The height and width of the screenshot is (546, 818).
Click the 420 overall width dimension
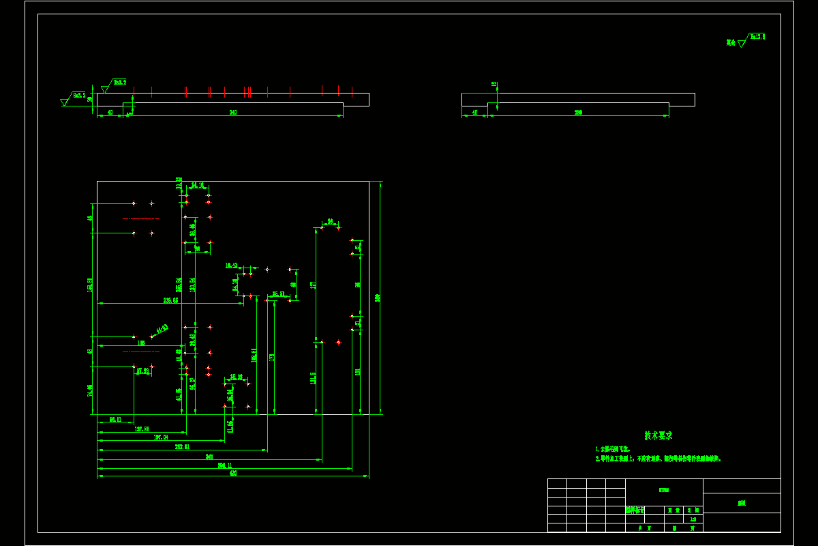click(233, 473)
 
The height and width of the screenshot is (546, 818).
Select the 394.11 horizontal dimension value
click(225, 465)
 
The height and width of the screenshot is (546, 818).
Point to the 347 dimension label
click(210, 457)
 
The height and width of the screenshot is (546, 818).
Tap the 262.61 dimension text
click(182, 447)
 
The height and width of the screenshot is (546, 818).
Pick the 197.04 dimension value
click(161, 437)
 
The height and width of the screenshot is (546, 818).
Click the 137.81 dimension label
click(142, 429)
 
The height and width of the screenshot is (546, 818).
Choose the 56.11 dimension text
click(115, 420)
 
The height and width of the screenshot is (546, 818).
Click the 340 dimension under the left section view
click(233, 113)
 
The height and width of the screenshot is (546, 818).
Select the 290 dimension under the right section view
click(578, 113)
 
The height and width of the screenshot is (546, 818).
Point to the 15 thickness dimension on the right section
click(494, 85)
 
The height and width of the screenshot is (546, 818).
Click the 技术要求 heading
click(658, 435)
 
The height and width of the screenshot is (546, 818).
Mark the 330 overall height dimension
click(377, 298)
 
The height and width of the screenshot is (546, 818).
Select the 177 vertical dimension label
click(313, 285)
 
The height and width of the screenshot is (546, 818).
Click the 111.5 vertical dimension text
click(313, 377)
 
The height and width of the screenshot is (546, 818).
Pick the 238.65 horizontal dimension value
click(170, 300)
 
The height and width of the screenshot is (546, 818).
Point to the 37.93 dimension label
click(142, 371)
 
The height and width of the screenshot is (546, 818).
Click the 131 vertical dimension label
click(357, 372)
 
